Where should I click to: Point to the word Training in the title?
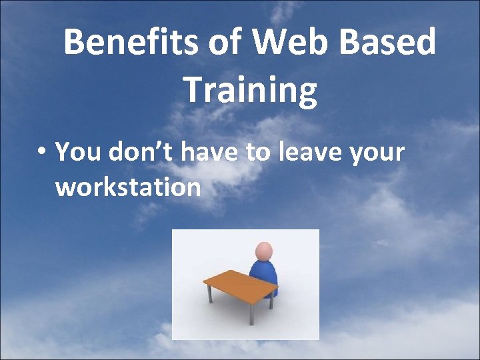[x=250, y=91]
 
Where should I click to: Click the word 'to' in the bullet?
[x=257, y=152]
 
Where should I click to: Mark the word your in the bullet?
[x=377, y=153]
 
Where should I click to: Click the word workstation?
[x=128, y=187]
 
